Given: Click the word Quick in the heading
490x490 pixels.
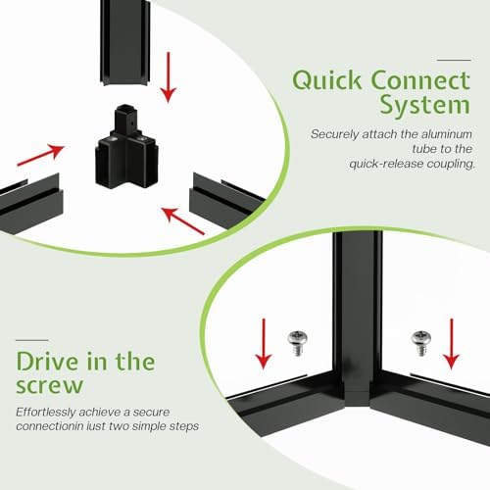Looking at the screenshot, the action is click(327, 80).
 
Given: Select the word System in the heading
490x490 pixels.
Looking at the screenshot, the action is click(425, 105).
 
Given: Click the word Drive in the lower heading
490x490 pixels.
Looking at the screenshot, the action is click(47, 362).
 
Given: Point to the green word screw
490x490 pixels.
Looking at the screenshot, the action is click(49, 386).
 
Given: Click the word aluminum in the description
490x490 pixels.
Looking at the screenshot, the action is click(446, 134).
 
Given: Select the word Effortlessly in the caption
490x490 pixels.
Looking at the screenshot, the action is click(46, 413).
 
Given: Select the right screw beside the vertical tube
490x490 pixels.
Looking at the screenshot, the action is click(421, 343).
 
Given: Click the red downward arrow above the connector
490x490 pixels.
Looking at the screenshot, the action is click(169, 77).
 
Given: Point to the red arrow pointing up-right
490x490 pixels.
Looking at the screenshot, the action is click(41, 155).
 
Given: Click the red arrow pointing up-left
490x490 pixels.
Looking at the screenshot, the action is click(183, 220).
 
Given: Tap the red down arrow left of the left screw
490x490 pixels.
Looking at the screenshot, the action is click(264, 344).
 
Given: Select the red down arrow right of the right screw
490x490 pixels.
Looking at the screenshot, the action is click(452, 344).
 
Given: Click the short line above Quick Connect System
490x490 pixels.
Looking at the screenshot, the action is click(454, 60).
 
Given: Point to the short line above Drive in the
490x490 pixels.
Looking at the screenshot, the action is click(32, 340).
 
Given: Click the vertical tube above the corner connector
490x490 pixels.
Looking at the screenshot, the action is click(125, 42).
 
